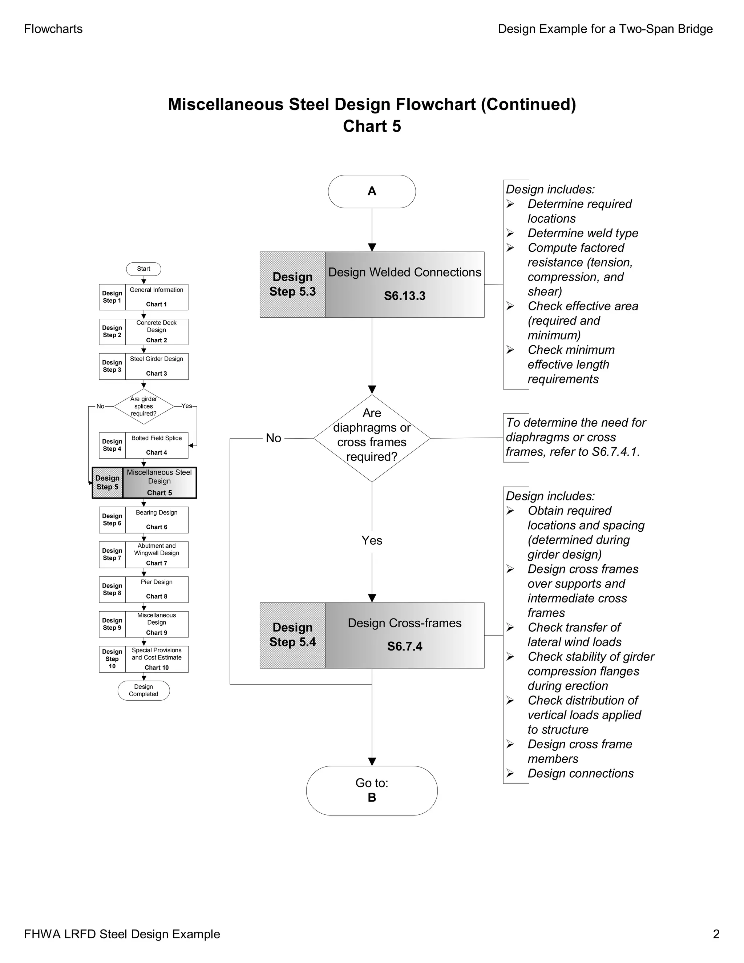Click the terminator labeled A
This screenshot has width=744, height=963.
(x=372, y=192)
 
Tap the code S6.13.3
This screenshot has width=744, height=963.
(x=405, y=296)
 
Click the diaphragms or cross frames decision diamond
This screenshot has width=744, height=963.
(x=372, y=438)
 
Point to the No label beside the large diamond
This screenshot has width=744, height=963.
(x=273, y=438)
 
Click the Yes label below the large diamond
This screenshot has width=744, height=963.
(x=372, y=541)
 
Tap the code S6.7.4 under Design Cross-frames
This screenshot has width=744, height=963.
(x=405, y=646)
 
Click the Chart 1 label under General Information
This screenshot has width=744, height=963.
(x=157, y=304)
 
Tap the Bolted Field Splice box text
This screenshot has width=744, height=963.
(x=157, y=438)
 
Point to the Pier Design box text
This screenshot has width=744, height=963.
(x=157, y=582)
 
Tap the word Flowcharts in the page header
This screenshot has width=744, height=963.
(x=53, y=29)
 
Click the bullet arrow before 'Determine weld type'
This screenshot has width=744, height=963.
(x=510, y=233)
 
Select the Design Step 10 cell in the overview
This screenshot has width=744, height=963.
(x=112, y=659)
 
